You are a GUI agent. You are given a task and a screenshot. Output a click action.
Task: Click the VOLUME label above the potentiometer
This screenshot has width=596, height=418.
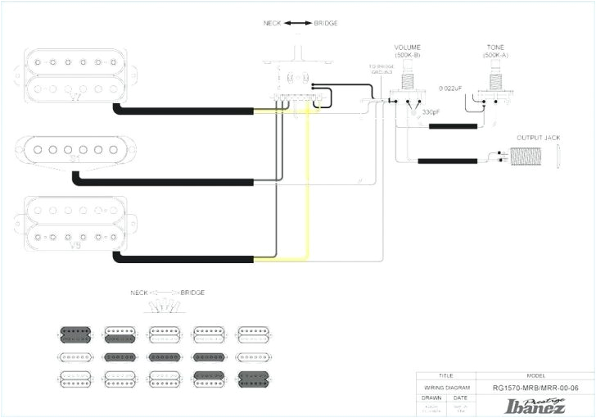tap(407, 48)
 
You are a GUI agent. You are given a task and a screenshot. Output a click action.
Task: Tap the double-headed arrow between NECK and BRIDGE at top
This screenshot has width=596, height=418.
tap(296, 24)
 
